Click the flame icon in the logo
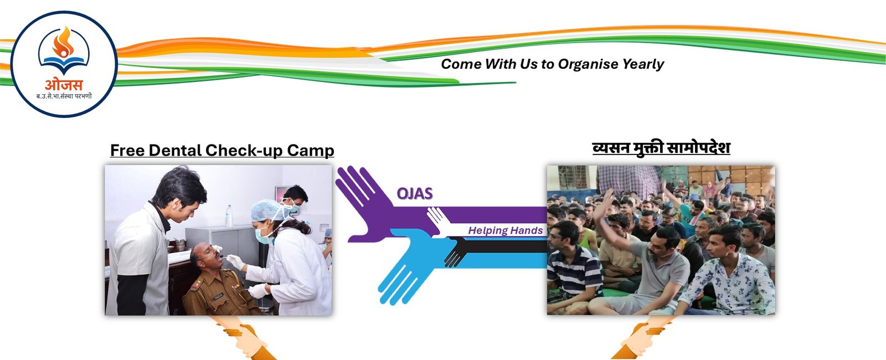pos(63,43)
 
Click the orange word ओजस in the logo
pos(64,85)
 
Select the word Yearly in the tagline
pos(643,65)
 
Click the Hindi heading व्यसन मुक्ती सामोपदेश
pos(661,148)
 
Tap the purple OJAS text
pos(414,193)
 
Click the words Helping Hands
pos(505,230)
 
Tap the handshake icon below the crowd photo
pos(645,336)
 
